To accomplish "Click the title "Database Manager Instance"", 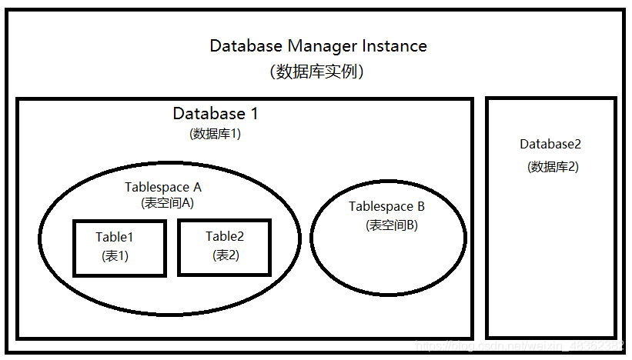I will (x=318, y=46).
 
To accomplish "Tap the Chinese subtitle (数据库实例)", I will (x=317, y=72).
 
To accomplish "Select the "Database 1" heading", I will (x=216, y=114).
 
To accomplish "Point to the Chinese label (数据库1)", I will (x=216, y=133).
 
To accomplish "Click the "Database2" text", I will (x=550, y=144).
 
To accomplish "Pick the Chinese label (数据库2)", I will (x=553, y=166).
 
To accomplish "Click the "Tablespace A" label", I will (x=163, y=187).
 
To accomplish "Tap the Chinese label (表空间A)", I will (x=167, y=204).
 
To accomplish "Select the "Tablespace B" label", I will (x=386, y=206).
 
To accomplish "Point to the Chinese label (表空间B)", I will (x=392, y=225).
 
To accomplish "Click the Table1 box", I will (x=119, y=248).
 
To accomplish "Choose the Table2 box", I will (x=224, y=247).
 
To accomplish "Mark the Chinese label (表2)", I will (x=226, y=255).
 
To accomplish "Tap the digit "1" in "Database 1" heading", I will (x=253, y=114).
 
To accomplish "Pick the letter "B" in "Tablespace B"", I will (x=420, y=206).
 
